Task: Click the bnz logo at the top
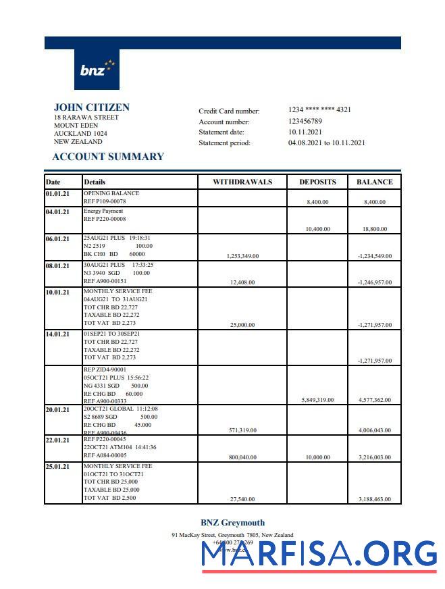tap(97, 70)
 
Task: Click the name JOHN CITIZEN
tap(92, 107)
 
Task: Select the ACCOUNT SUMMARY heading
tap(108, 157)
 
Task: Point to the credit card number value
tap(319, 110)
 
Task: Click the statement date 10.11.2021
tap(305, 132)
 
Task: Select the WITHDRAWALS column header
tap(242, 182)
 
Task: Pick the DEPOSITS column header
tap(317, 182)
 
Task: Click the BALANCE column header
tap(374, 182)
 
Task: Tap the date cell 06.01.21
tap(57, 239)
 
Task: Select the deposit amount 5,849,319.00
tap(317, 400)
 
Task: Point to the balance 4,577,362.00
tap(374, 400)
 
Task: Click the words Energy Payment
tap(103, 211)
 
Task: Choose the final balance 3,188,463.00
tap(374, 499)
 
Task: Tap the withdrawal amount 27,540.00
tap(242, 499)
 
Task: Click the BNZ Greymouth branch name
tap(232, 522)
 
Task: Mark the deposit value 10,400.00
tap(317, 229)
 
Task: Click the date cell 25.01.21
tap(57, 467)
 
